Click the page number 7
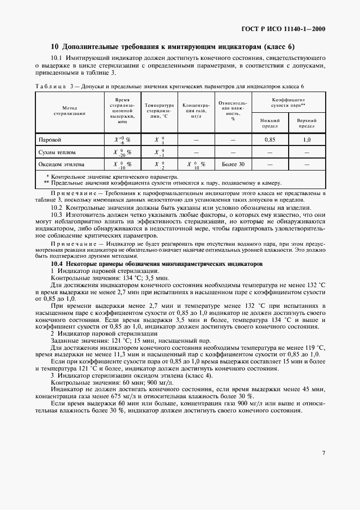coord(324,452)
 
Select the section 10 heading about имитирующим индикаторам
coord(172,46)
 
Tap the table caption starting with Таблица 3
coord(169,86)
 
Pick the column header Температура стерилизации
coord(158,111)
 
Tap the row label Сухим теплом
coord(53,152)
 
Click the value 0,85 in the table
coord(269,140)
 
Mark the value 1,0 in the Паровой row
coord(307,140)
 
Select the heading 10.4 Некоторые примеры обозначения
coord(156,263)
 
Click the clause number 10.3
coord(57,215)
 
